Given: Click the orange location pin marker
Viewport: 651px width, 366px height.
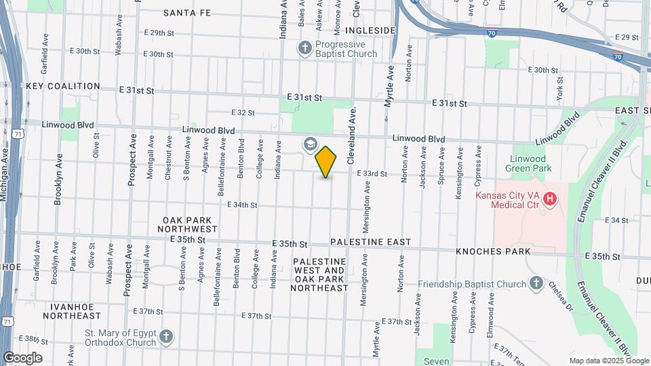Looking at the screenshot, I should coord(326,161).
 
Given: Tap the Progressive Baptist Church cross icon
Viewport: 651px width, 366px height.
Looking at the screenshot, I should coord(305,47).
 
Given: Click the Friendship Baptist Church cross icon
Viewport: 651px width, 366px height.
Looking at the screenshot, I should coord(536,283).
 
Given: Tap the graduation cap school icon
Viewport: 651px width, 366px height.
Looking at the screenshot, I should coord(310,144).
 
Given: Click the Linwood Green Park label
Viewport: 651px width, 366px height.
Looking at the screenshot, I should coord(531,163).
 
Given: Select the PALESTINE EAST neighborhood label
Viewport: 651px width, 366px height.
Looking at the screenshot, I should coord(370,242).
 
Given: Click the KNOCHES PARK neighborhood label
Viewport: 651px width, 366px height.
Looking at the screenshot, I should coord(493,251).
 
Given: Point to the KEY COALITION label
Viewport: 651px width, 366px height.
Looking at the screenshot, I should coord(63,87).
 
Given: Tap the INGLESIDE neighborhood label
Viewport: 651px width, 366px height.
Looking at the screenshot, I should coord(370,30).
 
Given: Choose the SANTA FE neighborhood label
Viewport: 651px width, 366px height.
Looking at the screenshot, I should coord(188,13).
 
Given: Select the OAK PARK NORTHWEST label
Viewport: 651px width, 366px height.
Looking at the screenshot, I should coord(190,225).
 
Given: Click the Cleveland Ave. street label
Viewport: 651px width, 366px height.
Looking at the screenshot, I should coord(351,136).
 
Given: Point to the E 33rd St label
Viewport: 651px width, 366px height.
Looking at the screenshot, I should coord(371,174).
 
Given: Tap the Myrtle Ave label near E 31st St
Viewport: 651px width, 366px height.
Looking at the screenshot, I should coord(389,86).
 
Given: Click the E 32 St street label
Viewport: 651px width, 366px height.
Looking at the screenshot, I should coord(242,113).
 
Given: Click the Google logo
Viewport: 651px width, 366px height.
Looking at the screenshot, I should coord(22,358).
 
